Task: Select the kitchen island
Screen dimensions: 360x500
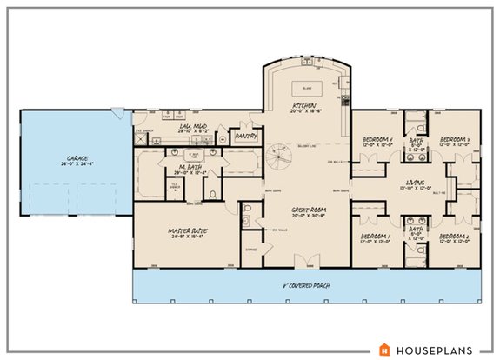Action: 305,89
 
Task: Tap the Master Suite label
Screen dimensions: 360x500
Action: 185,230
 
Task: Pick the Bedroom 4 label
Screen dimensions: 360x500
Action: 379,141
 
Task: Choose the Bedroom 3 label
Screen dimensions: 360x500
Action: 455,141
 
